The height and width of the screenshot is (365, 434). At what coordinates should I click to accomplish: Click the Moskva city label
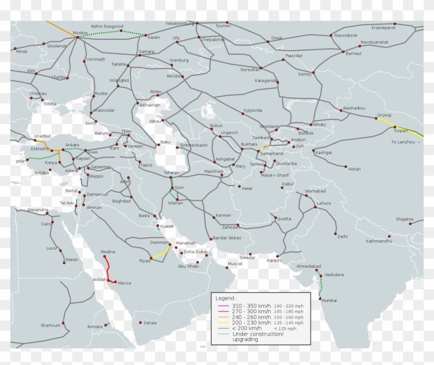point(80,33)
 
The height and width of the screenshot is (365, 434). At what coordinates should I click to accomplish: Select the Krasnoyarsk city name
point(383,27)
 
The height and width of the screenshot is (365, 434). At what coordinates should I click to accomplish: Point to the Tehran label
point(171,173)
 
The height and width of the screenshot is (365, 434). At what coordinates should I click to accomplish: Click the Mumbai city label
point(329,300)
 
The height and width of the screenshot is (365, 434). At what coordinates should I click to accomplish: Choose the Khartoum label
point(51,326)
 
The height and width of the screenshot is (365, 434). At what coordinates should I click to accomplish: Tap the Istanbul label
point(42,136)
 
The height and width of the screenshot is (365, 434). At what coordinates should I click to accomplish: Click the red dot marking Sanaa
point(141,323)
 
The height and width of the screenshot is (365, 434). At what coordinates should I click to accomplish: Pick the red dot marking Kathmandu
point(390,237)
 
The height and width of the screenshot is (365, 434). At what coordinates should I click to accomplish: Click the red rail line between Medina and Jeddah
point(108,269)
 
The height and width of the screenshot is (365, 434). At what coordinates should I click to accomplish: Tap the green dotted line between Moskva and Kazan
point(103,33)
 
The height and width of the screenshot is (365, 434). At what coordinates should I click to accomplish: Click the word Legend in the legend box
point(226,298)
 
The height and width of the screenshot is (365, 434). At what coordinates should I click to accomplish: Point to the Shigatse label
point(405,219)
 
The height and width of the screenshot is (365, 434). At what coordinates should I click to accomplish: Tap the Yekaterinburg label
point(179,23)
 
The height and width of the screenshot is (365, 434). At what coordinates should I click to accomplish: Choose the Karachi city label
point(275,261)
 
